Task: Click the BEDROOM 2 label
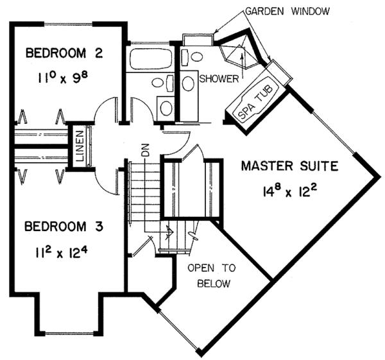click(x=64, y=53)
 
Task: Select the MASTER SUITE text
click(x=289, y=167)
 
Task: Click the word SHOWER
click(x=219, y=79)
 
